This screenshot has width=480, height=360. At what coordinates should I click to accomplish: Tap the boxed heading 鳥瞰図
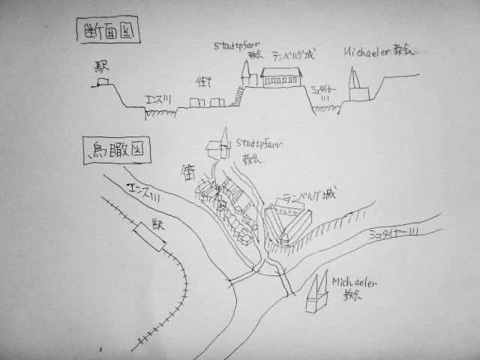coord(116,152)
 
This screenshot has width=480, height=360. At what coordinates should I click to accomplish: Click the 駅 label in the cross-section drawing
coord(101,67)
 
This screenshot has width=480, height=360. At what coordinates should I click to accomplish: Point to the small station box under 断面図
coord(100,83)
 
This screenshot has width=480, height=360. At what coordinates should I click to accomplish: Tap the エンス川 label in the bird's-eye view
coord(142,194)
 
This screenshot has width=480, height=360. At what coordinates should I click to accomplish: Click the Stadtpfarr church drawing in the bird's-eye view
coord(220,146)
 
